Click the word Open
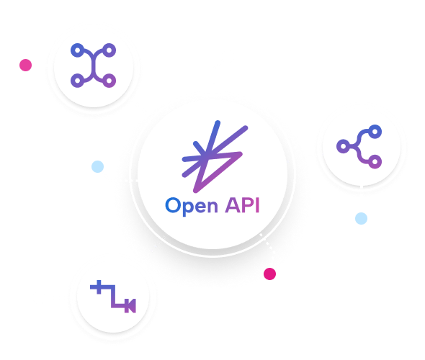pyautogui.click(x=192, y=207)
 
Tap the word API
pyautogui.click(x=242, y=205)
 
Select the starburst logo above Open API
pyautogui.click(x=215, y=157)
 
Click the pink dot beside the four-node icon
pyautogui.click(x=25, y=65)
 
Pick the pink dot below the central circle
pyautogui.click(x=269, y=274)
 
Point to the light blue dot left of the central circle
pyautogui.click(x=97, y=166)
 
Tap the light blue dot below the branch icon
pyautogui.click(x=362, y=218)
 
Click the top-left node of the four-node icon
pyautogui.click(x=78, y=50)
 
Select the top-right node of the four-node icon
pyautogui.click(x=109, y=50)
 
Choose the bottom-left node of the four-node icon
pyautogui.click(x=78, y=81)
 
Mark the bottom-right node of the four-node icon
pyautogui.click(x=109, y=81)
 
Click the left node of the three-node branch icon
pyautogui.click(x=344, y=146)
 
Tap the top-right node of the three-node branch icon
pyautogui.click(x=375, y=132)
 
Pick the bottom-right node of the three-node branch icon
pyautogui.click(x=375, y=162)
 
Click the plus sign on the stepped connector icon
pyautogui.click(x=99, y=287)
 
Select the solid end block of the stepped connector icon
pyautogui.click(x=130, y=306)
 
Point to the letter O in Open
pyautogui.click(x=173, y=205)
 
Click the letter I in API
pyautogui.click(x=258, y=205)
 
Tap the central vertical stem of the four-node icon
pyautogui.click(x=94, y=66)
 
